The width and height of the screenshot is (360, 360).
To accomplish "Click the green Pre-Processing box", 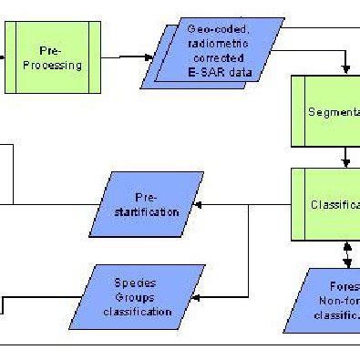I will [61, 57].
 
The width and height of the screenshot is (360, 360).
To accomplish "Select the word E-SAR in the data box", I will [221, 74].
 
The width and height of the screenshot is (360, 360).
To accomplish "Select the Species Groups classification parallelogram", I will [140, 296].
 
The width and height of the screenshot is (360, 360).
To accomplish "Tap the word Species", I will [140, 283].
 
